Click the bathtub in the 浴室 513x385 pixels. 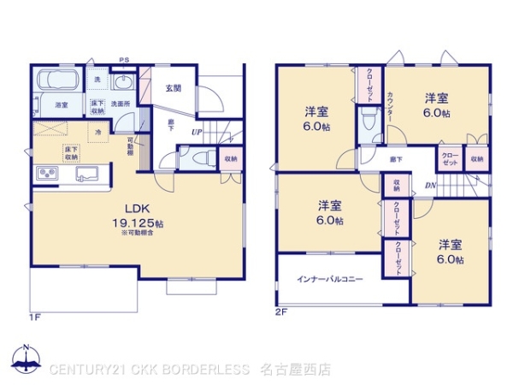point(58,83)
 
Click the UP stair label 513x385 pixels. point(197,133)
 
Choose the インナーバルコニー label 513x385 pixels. point(329,280)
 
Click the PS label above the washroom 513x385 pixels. point(124,60)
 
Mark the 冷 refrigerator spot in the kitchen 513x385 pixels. point(98,132)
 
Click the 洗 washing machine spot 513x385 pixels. point(97,80)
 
